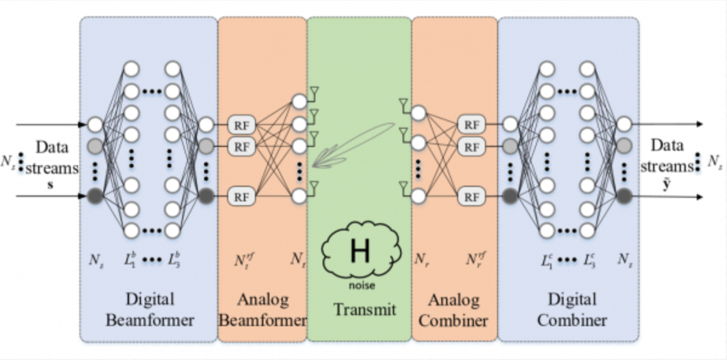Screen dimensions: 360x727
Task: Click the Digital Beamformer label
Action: coord(150,309)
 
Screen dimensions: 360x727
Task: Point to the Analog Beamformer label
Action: coord(262,309)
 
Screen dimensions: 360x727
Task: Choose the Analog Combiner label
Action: coord(453,309)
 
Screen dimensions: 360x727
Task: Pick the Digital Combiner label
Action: coord(569,309)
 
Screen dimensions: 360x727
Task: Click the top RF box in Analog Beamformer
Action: coord(242,125)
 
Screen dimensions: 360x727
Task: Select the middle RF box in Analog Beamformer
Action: coord(242,146)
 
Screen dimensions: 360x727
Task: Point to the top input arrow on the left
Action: coord(51,125)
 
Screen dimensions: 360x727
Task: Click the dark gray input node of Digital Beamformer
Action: coord(95,196)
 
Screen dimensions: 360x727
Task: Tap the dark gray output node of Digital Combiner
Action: coord(623,196)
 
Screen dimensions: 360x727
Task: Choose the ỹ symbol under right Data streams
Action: coord(666,185)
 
